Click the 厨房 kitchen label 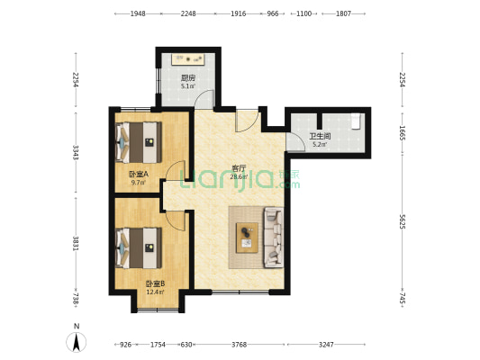188,77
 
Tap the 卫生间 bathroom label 320,136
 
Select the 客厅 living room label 239,168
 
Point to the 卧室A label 139,175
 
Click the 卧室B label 155,283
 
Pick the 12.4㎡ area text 155,292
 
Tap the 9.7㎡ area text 139,183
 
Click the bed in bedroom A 139,142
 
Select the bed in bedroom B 139,248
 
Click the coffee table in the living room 247,238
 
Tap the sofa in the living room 274,237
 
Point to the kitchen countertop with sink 188,59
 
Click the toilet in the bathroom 356,121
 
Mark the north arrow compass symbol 77,342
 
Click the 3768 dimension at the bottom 239,345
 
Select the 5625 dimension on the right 403,221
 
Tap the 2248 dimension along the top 188,13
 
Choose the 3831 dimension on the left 76,243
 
